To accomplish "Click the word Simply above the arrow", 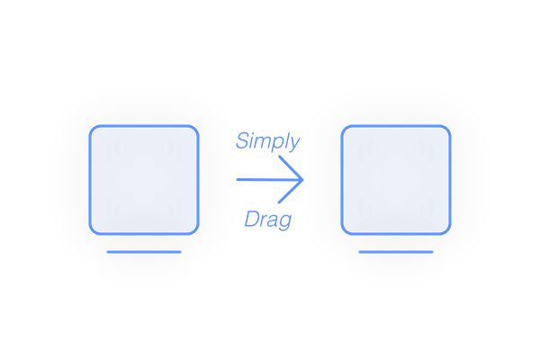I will click(267, 141).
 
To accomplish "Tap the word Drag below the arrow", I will click(267, 219).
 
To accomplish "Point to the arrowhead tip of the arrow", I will click(305, 180).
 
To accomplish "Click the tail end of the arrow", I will click(237, 180).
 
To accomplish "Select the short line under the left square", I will click(144, 252).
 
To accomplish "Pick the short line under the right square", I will click(396, 252).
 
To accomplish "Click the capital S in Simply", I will click(242, 140).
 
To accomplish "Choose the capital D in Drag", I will click(251, 218).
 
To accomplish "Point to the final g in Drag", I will click(285, 221).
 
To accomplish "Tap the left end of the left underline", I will click(108, 252).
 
